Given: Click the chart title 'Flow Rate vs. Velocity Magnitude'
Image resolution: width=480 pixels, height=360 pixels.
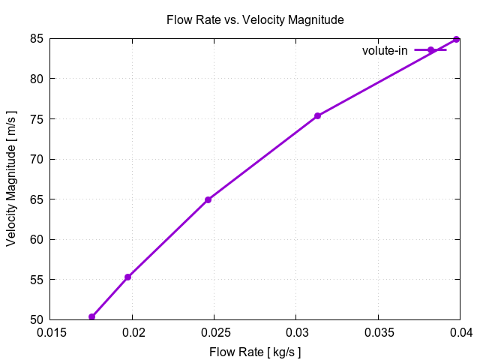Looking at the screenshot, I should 255,20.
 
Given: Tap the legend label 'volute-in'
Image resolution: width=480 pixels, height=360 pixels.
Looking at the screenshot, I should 385,50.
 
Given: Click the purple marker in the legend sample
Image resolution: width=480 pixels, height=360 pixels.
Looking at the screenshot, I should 431,50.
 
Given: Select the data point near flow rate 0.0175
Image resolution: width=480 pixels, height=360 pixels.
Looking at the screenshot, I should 92,316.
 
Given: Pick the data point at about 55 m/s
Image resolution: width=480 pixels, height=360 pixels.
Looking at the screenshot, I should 128,277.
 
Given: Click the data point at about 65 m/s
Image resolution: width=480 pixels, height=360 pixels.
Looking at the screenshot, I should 208,199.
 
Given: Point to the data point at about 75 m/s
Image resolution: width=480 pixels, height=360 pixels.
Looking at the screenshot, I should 317,115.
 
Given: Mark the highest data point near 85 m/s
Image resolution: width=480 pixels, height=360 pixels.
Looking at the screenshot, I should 456,39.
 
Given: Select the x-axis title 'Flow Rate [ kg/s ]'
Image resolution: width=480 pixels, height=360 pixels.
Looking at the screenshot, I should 255,350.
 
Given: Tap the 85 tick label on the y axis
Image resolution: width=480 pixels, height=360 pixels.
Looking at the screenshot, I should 35,38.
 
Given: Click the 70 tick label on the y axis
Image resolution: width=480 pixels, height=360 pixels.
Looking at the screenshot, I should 35,159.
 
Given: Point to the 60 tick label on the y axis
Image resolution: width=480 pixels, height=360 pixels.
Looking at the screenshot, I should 35,239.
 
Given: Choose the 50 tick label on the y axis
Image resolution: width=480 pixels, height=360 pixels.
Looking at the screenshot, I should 35,320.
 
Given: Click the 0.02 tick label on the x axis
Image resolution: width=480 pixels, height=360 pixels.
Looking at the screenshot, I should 133,332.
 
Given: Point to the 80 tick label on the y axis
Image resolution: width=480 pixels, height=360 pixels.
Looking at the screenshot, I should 35,79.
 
